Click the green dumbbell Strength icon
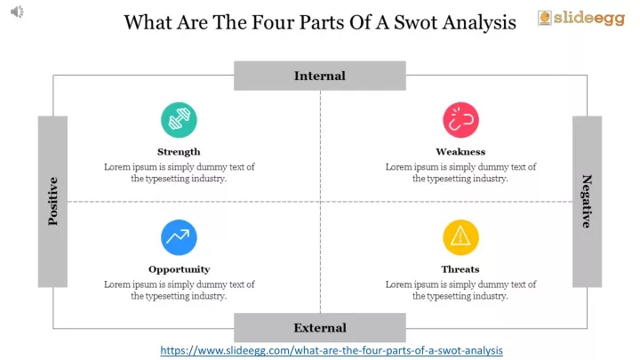click(x=179, y=120)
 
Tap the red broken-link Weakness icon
click(x=460, y=120)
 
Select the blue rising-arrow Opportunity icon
click(x=179, y=237)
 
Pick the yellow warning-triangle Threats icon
click(x=460, y=237)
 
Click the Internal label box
click(x=320, y=76)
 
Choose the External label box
click(x=320, y=328)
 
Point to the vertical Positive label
click(x=52, y=202)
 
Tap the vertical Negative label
click(x=587, y=202)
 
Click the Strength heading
click(x=179, y=152)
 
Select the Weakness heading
click(x=460, y=152)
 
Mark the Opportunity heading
click(x=180, y=269)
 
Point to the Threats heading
click(x=460, y=269)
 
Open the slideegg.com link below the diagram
click(x=332, y=350)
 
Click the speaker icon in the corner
click(x=17, y=12)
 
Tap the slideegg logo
click(x=581, y=19)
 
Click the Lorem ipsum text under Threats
click(x=460, y=290)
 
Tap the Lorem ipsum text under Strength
click(x=180, y=172)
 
